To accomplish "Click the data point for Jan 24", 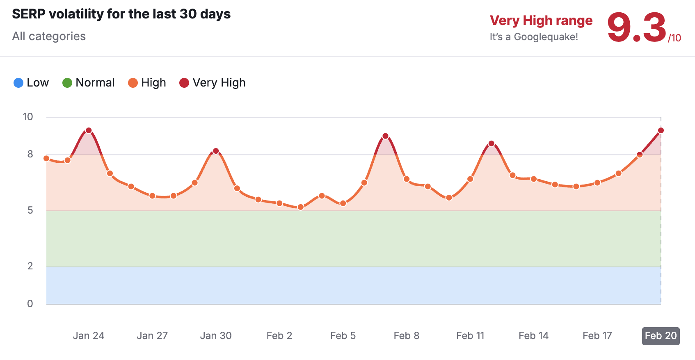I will tap(89, 131).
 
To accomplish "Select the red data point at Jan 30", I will tap(216, 151).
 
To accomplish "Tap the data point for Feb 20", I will tap(661, 131).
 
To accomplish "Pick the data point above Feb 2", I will tap(279, 203).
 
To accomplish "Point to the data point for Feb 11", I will tap(470, 179).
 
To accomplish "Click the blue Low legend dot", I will tap(18, 83).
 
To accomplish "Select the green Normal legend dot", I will tap(67, 83).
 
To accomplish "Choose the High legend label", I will tap(153, 83).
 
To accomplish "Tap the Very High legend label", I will tap(219, 83).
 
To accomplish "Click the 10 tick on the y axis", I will tap(28, 117).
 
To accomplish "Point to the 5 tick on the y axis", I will tap(30, 210).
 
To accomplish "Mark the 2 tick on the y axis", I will tap(30, 266).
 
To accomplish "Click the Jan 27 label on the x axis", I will tap(152, 336).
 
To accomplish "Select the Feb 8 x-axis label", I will tap(407, 336).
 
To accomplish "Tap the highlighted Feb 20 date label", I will tap(661, 336).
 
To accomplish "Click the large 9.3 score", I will tap(636, 27).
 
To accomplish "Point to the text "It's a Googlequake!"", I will tap(534, 37).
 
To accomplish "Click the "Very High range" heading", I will tap(541, 21).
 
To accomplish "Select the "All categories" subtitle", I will tap(49, 36).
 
